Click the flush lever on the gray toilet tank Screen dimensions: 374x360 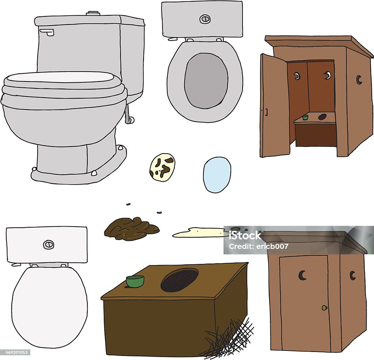47,32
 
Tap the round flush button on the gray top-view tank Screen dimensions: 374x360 205,19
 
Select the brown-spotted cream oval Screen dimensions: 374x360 162,167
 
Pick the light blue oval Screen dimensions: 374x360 217,175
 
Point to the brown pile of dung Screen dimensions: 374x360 131,228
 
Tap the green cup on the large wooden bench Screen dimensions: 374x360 135,281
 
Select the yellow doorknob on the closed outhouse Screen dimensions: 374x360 324,308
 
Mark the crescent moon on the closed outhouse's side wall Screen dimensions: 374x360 352,275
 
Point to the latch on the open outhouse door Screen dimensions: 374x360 266,112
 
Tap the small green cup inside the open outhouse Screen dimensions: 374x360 305,117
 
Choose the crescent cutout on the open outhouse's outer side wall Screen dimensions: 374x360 359,80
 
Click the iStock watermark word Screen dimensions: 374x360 245,235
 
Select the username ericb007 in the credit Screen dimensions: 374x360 272,246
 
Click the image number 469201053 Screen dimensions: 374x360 15,352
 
